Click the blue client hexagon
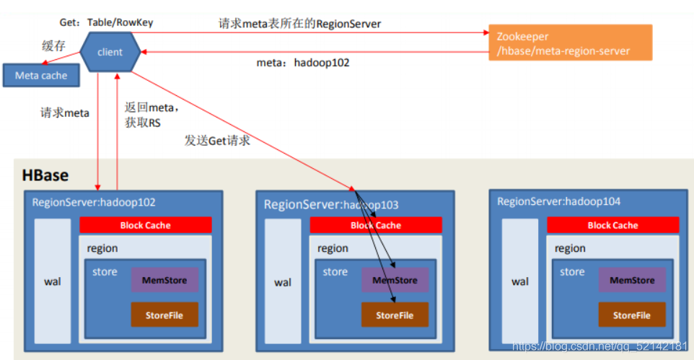110,52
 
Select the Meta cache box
41,75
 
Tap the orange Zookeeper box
570,43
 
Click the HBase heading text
45,175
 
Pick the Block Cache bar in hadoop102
146,225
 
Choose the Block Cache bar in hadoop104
613,225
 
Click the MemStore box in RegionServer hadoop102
164,280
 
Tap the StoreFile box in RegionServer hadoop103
395,315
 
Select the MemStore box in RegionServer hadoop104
632,280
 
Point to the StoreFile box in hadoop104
632,315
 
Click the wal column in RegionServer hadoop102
53,281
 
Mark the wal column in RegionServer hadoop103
283,281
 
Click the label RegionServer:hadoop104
558,201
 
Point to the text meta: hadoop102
303,63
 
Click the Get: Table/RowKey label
106,22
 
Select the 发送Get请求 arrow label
217,141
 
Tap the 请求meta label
65,113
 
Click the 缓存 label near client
53,45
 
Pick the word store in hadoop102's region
105,271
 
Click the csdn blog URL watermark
599,346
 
